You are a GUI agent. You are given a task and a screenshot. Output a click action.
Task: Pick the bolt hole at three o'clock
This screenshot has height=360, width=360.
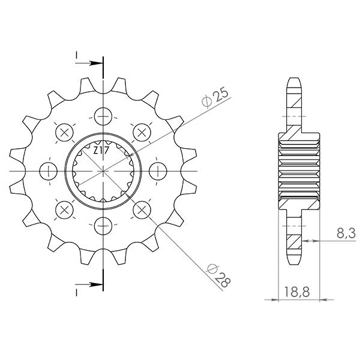pos(157,170)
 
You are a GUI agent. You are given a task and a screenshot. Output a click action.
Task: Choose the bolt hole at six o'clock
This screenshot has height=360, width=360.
pos(103,226)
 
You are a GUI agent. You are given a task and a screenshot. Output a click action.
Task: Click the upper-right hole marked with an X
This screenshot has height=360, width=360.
pos(142,131)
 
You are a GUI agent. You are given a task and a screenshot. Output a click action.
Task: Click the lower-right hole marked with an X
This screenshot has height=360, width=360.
pos(142,209)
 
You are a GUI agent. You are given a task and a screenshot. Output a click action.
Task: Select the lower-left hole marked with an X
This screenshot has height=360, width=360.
pos(64,209)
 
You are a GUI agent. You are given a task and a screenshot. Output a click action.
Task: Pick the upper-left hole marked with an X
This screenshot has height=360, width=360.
pos(64,131)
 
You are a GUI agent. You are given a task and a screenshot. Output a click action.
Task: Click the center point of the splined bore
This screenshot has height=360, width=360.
pos(103,170)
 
